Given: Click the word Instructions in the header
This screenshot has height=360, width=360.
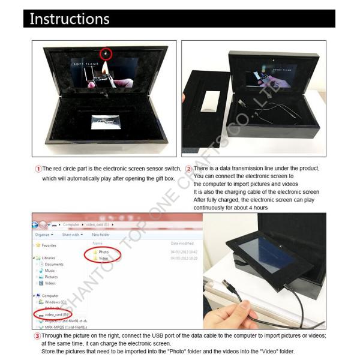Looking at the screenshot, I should tap(70, 19).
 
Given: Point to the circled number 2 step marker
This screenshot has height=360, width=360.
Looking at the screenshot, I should tap(188, 169).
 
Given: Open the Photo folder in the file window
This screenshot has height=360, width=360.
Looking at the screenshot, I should tap(103, 252).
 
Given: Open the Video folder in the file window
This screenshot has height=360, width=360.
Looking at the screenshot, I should tap(103, 259).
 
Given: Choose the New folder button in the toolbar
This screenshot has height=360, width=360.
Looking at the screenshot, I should tap(100, 235).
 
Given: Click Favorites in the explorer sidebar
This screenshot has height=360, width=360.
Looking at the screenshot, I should tap(49, 245).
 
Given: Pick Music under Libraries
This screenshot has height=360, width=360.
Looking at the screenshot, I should tap(51, 271).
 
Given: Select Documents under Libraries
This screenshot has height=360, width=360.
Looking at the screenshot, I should tap(54, 264).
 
